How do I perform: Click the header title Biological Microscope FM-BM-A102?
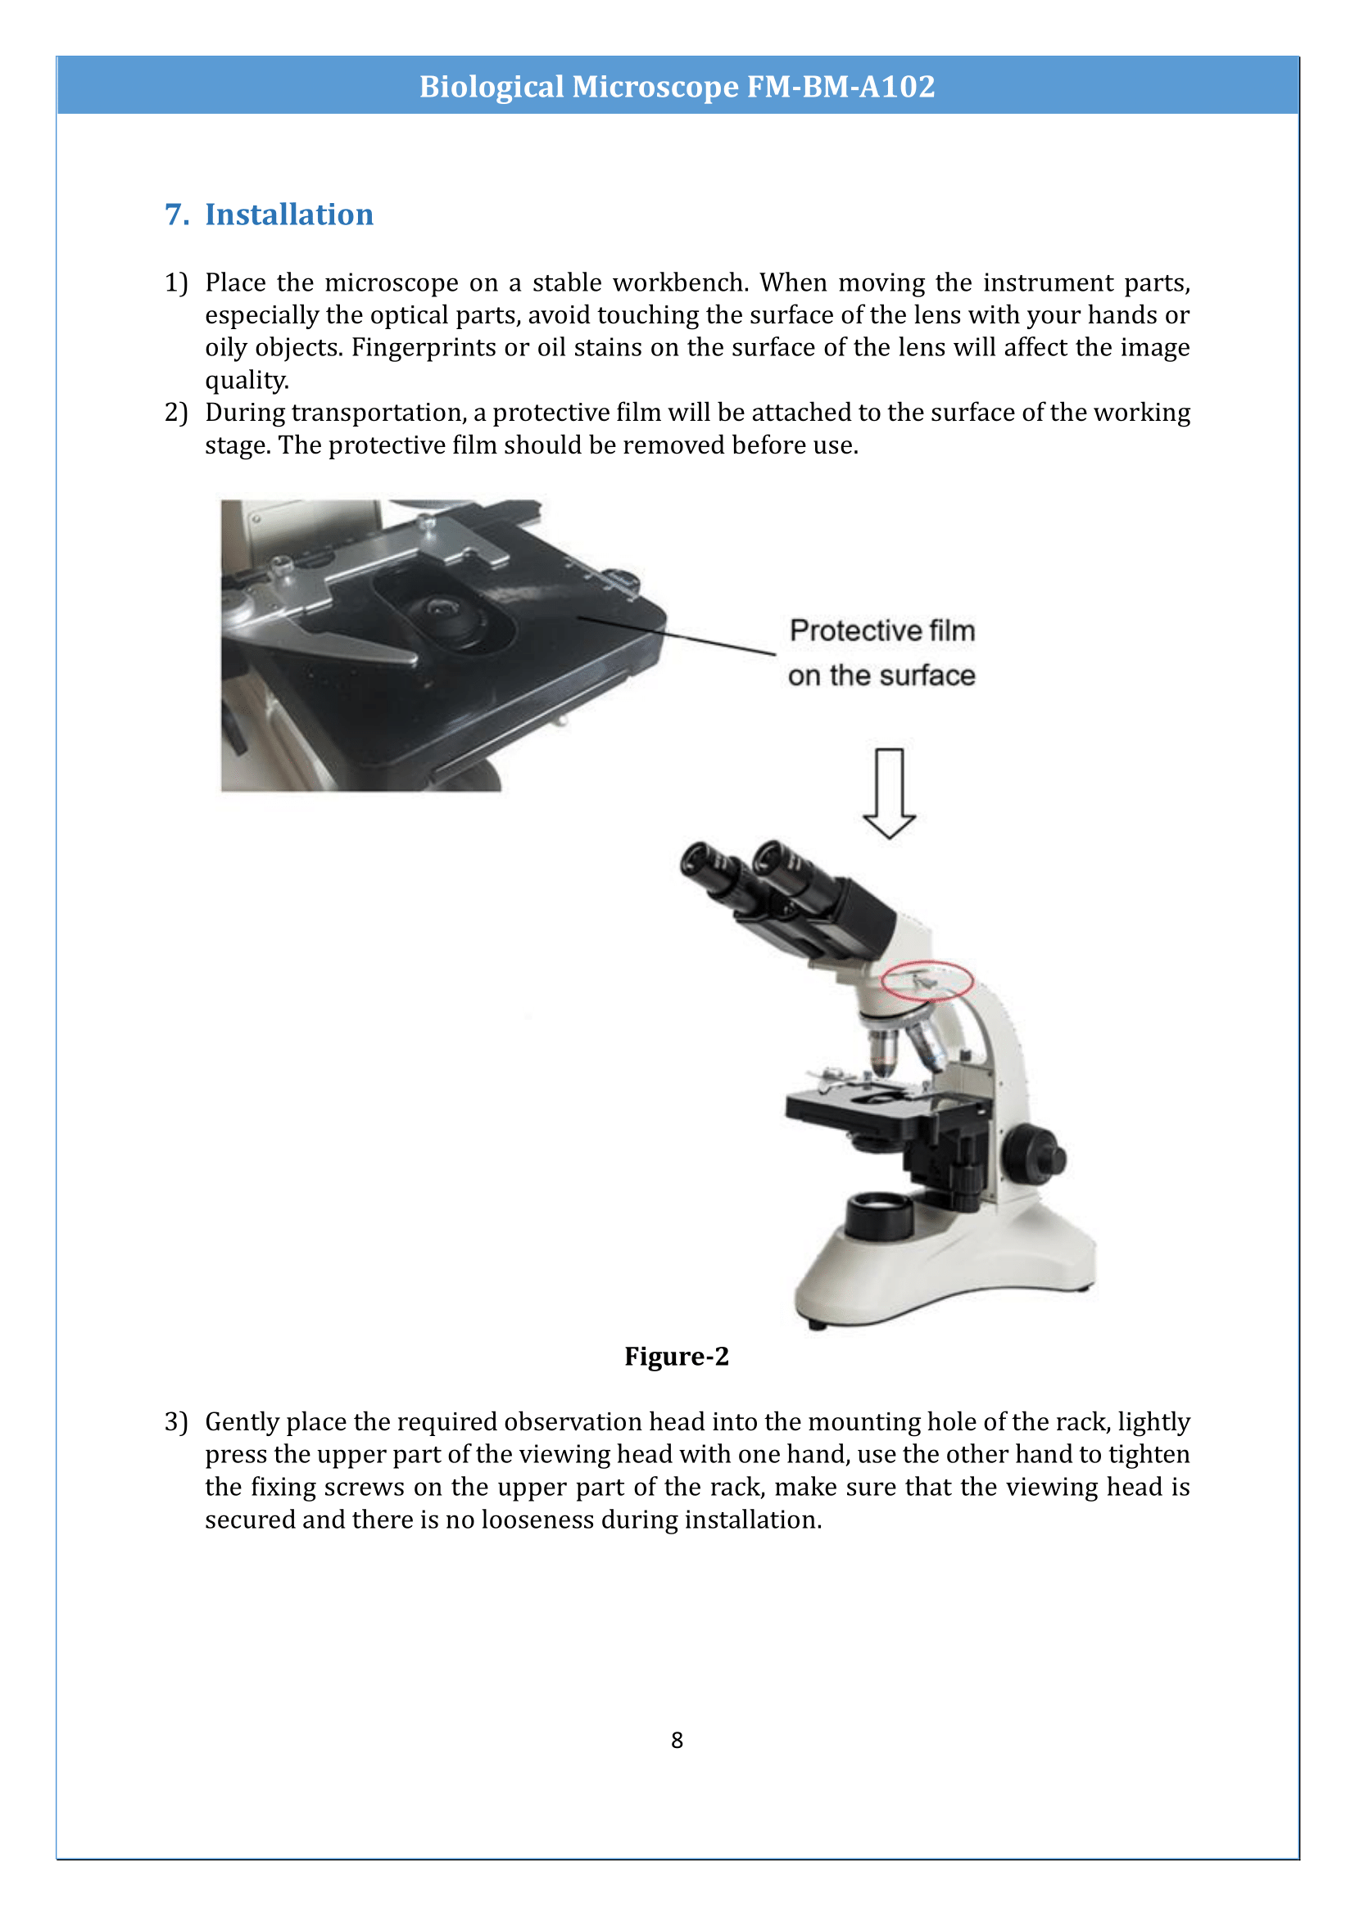[x=677, y=87]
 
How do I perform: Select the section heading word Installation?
[x=288, y=215]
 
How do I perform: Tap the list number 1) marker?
[x=176, y=282]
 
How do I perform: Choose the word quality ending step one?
[x=246, y=381]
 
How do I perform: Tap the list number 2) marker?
[x=176, y=413]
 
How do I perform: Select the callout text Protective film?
[x=882, y=630]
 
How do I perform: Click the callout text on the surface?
[x=881, y=675]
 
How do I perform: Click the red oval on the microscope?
[x=927, y=980]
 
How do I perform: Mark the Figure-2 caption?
[x=677, y=1356]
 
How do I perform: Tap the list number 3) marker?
[x=176, y=1422]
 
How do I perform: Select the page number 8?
[x=677, y=1741]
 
